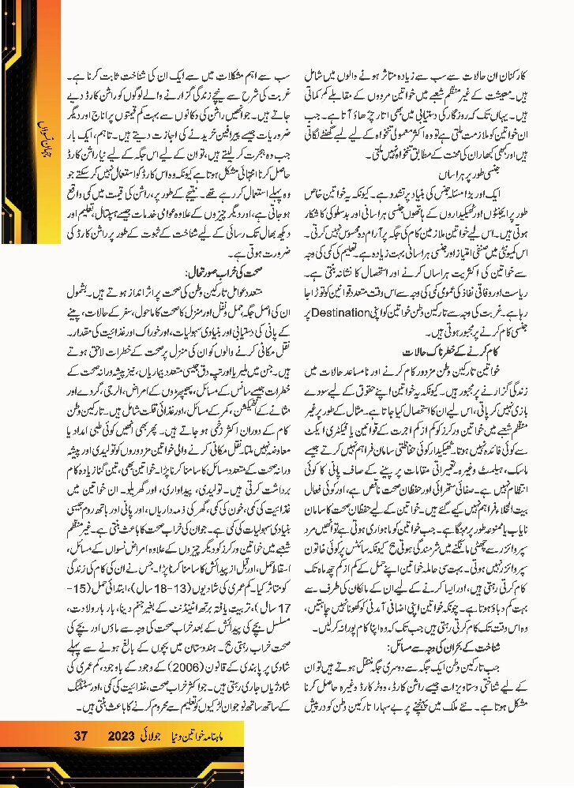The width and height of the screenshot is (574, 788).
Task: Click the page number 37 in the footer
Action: (x=80, y=736)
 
